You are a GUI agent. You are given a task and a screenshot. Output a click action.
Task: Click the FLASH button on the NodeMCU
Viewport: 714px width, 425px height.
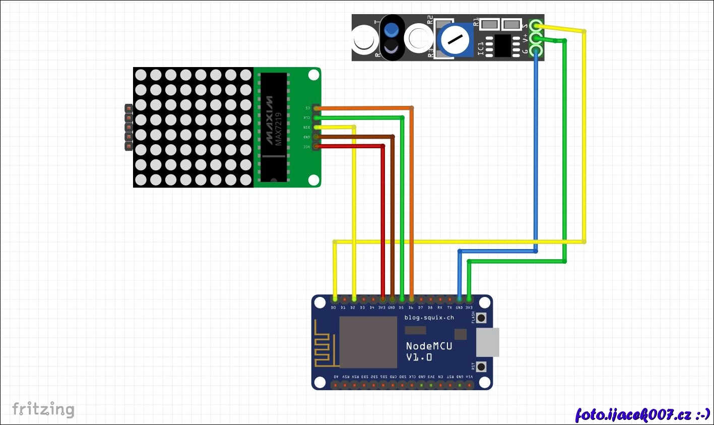pyautogui.click(x=481, y=318)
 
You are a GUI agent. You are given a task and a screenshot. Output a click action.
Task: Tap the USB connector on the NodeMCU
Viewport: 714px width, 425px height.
pyautogui.click(x=487, y=342)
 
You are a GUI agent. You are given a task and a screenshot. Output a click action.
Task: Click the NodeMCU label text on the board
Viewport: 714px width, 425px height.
pyautogui.click(x=429, y=346)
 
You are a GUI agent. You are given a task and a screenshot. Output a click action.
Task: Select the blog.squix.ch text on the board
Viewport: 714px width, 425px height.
pyautogui.click(x=429, y=318)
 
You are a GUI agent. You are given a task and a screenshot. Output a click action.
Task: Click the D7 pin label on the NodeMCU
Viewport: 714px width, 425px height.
pyautogui.click(x=420, y=307)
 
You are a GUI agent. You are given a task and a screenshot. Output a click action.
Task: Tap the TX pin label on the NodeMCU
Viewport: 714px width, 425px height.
pyautogui.click(x=449, y=307)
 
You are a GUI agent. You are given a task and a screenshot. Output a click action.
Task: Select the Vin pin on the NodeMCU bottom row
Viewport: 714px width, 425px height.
pyautogui.click(x=469, y=385)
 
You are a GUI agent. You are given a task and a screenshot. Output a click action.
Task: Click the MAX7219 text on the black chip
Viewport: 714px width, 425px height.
pyautogui.click(x=278, y=129)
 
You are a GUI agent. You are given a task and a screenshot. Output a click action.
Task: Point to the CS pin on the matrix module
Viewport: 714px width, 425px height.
pyautogui.click(x=316, y=108)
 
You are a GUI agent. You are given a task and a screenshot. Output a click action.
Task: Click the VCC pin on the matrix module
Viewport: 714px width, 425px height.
pyautogui.click(x=316, y=147)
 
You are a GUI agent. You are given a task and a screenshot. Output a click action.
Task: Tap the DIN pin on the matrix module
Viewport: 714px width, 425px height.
pyautogui.click(x=316, y=127)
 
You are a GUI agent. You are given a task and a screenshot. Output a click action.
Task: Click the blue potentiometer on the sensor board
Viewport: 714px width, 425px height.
pyautogui.click(x=455, y=39)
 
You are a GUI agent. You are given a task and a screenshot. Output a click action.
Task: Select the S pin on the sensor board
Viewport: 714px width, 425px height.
pyautogui.click(x=536, y=25)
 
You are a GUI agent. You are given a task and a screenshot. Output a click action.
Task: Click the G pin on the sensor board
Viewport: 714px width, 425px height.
pyautogui.click(x=536, y=50)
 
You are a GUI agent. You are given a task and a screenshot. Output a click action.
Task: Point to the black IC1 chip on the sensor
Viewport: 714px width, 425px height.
pyautogui.click(x=502, y=45)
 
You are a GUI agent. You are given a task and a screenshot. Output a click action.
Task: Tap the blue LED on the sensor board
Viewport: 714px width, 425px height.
pyautogui.click(x=391, y=30)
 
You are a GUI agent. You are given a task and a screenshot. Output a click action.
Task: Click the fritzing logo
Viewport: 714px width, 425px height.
pyautogui.click(x=43, y=409)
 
